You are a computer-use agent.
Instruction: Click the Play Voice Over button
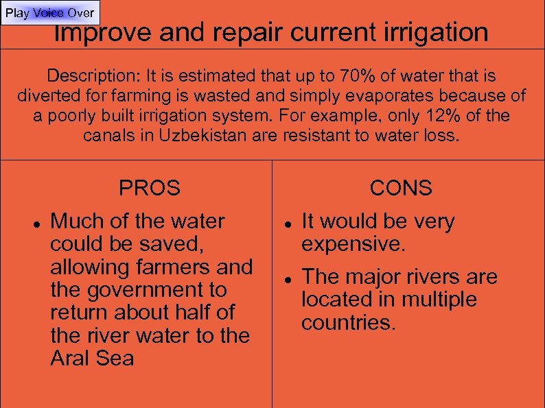(50, 13)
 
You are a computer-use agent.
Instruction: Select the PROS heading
(149, 188)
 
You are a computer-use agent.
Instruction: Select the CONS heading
(401, 188)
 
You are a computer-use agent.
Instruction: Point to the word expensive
(351, 244)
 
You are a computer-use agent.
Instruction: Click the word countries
(348, 322)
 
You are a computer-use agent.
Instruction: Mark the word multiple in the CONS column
(439, 300)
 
